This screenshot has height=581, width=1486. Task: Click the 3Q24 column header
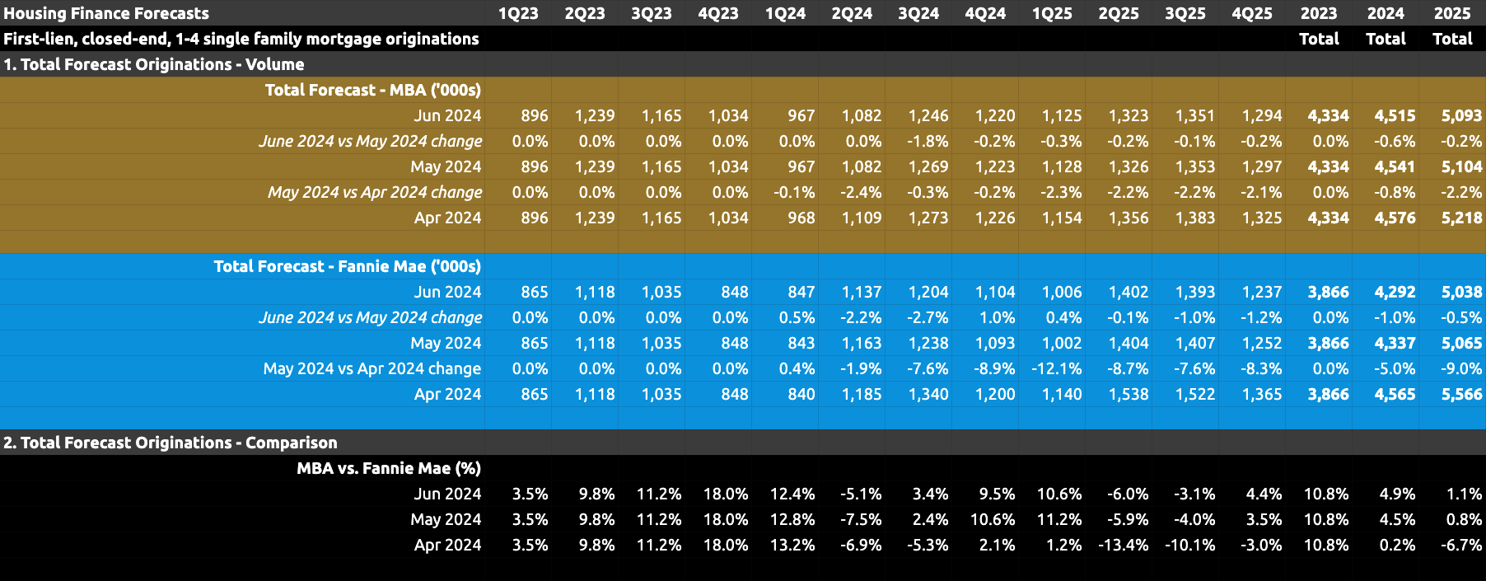918,13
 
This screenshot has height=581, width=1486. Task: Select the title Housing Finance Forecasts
106,13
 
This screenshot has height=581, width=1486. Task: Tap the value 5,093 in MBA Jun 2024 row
1461,115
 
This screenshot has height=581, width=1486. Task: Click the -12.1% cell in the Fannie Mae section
1057,368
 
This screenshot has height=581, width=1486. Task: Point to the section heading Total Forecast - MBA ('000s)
372,90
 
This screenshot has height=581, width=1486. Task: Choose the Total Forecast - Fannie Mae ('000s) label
347,266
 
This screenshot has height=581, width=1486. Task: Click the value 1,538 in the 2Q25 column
1128,394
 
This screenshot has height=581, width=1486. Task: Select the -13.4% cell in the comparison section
1123,545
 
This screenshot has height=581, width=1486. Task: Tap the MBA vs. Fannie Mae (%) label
388,468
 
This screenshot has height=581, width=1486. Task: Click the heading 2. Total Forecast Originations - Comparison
171,443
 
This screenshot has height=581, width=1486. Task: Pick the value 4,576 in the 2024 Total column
1395,218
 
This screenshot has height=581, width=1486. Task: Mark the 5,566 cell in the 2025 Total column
1461,394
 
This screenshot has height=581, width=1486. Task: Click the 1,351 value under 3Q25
1194,115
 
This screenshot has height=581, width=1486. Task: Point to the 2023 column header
1319,13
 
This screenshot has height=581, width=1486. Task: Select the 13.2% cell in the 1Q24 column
792,545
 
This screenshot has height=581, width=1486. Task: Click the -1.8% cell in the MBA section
928,141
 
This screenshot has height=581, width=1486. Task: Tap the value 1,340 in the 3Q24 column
928,394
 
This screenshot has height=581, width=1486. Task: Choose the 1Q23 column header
518,13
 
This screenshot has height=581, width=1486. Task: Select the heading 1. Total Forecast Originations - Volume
154,64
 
